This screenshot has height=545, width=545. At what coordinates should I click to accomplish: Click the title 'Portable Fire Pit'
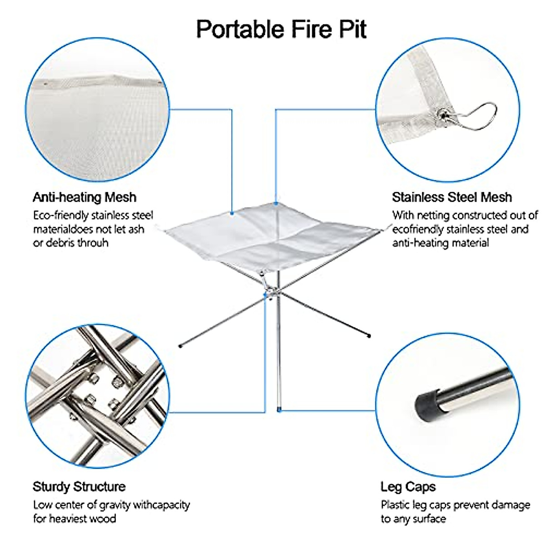281,29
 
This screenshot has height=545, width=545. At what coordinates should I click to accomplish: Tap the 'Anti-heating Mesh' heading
84,197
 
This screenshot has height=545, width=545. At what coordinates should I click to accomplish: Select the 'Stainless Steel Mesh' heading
452,197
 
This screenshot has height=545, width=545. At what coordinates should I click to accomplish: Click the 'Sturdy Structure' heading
79,487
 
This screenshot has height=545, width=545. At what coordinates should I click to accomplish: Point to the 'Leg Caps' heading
408,487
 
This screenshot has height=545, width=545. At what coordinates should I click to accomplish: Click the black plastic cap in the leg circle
427,404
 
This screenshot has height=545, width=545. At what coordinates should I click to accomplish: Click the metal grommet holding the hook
441,115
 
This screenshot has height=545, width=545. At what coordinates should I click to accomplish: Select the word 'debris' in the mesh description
59,243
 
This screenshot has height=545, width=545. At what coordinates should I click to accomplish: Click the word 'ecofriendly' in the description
421,229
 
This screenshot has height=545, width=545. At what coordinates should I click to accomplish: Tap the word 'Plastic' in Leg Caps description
396,505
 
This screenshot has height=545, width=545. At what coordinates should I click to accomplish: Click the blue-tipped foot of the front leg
279,409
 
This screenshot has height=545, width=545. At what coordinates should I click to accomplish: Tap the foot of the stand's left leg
180,347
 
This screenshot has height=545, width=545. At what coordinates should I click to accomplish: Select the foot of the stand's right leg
369,336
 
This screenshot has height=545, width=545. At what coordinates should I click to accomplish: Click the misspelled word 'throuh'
93,243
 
